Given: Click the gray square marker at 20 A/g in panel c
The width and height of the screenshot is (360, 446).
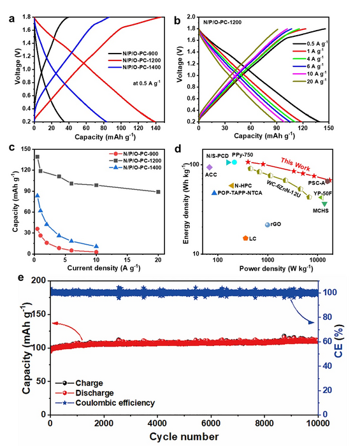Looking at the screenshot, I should [x=158, y=192].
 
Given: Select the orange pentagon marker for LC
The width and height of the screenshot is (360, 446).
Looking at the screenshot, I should [x=227, y=238].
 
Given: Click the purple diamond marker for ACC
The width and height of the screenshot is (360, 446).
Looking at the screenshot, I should [x=210, y=168].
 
